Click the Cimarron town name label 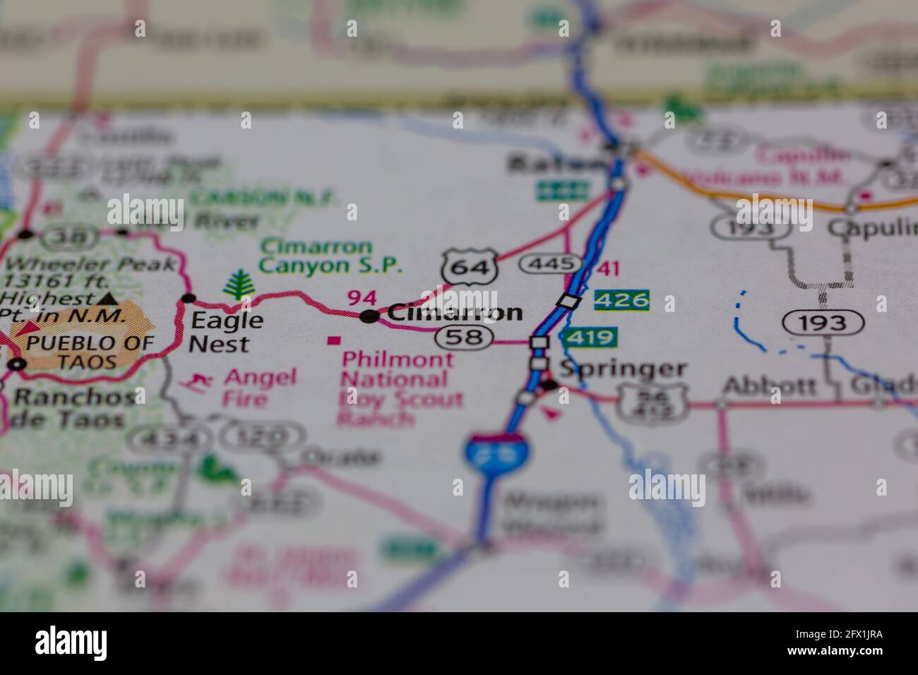[x=455, y=313]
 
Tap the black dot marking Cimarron [x=368, y=317]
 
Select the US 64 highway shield [x=469, y=267]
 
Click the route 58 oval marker [x=463, y=337]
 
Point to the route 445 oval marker [x=545, y=264]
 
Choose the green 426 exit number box [x=621, y=300]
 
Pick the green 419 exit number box [x=590, y=337]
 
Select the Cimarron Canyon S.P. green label [x=330, y=256]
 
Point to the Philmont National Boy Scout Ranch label [x=400, y=388]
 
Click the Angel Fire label [x=259, y=388]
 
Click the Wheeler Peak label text [x=90, y=265]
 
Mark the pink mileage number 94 [x=362, y=298]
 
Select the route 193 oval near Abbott [x=823, y=323]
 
